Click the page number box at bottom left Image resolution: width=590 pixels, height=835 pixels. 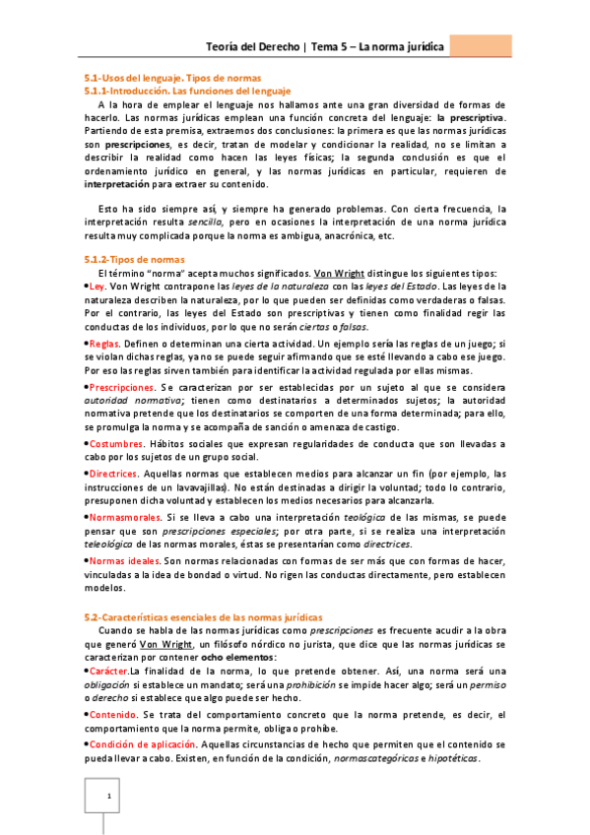[x=108, y=797]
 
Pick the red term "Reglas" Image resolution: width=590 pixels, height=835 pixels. [x=104, y=366]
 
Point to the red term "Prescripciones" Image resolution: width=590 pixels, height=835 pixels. [x=122, y=417]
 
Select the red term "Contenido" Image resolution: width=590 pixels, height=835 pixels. [x=113, y=714]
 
